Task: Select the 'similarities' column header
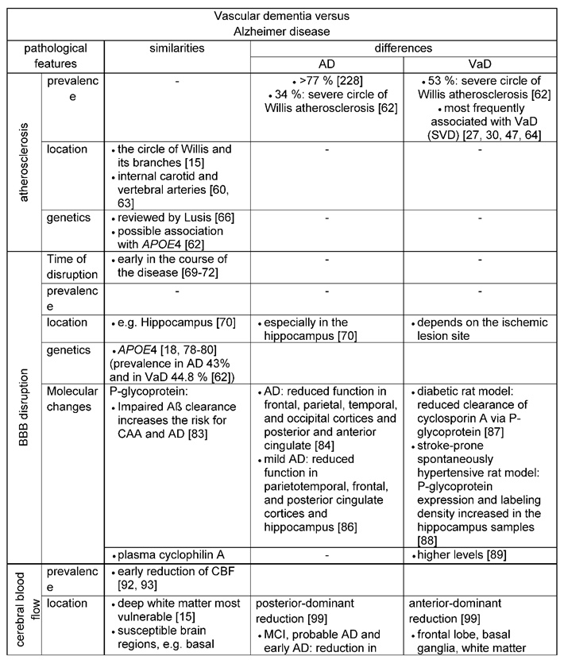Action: tap(177, 48)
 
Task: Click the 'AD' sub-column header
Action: tap(326, 64)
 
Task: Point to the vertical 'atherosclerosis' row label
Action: tap(21, 163)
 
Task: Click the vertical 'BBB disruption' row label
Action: tap(21, 408)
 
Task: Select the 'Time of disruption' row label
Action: tap(74, 267)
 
